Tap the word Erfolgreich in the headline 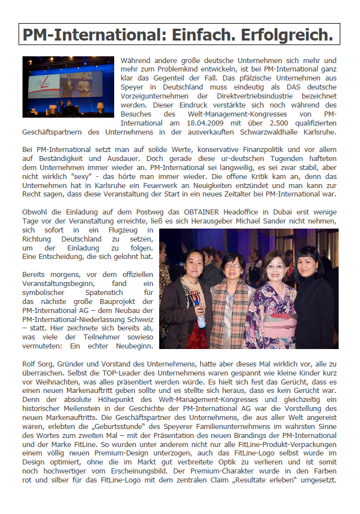pos(287,35)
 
